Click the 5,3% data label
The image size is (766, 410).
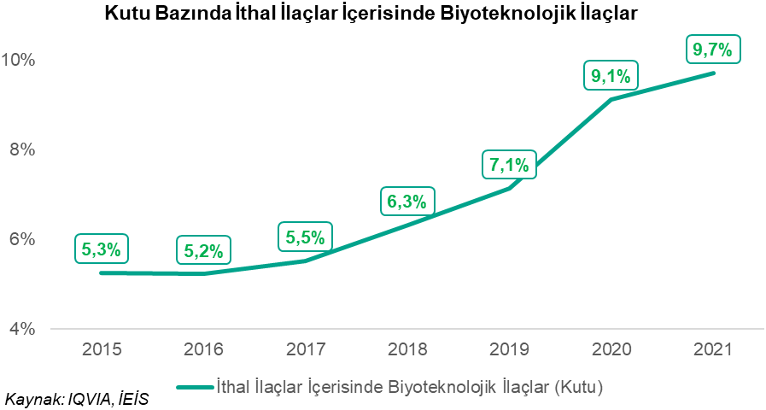coord(102,249)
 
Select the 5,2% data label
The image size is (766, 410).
coord(203,251)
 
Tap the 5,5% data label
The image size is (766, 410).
coord(306,237)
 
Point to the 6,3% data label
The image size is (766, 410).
coord(407,202)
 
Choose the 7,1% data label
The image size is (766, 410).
coord(509,164)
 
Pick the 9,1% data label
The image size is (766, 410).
coord(611,76)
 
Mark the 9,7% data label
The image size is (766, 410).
coord(713,50)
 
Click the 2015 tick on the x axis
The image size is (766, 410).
coord(102,349)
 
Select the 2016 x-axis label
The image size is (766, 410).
coord(203,349)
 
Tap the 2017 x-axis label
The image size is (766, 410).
coord(305,349)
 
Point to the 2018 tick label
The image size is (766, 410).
coord(407,349)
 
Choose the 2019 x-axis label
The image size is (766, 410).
coord(509,349)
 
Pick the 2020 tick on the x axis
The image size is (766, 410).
coord(611,349)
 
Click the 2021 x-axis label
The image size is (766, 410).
coord(713,349)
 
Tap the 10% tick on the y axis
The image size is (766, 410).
coord(19,60)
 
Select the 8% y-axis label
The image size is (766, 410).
coord(22,149)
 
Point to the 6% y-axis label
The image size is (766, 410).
coord(22,239)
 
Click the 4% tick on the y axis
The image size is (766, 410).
coord(22,329)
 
